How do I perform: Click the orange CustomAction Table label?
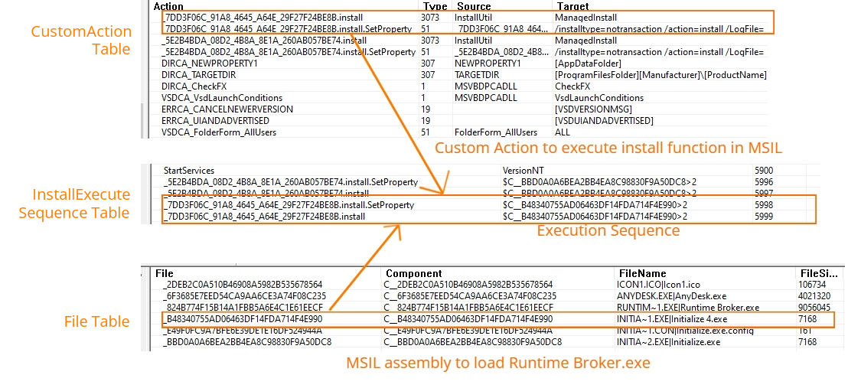click(x=80, y=41)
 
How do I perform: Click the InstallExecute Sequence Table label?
click(x=74, y=204)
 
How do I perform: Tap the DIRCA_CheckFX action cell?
click(x=194, y=86)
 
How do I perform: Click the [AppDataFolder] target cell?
click(x=588, y=64)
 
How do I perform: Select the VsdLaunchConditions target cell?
click(x=599, y=98)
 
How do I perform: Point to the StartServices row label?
click(x=189, y=170)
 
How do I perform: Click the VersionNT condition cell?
click(x=523, y=170)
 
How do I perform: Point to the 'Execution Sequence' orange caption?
click(x=608, y=231)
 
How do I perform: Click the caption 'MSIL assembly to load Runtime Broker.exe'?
click(x=497, y=363)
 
